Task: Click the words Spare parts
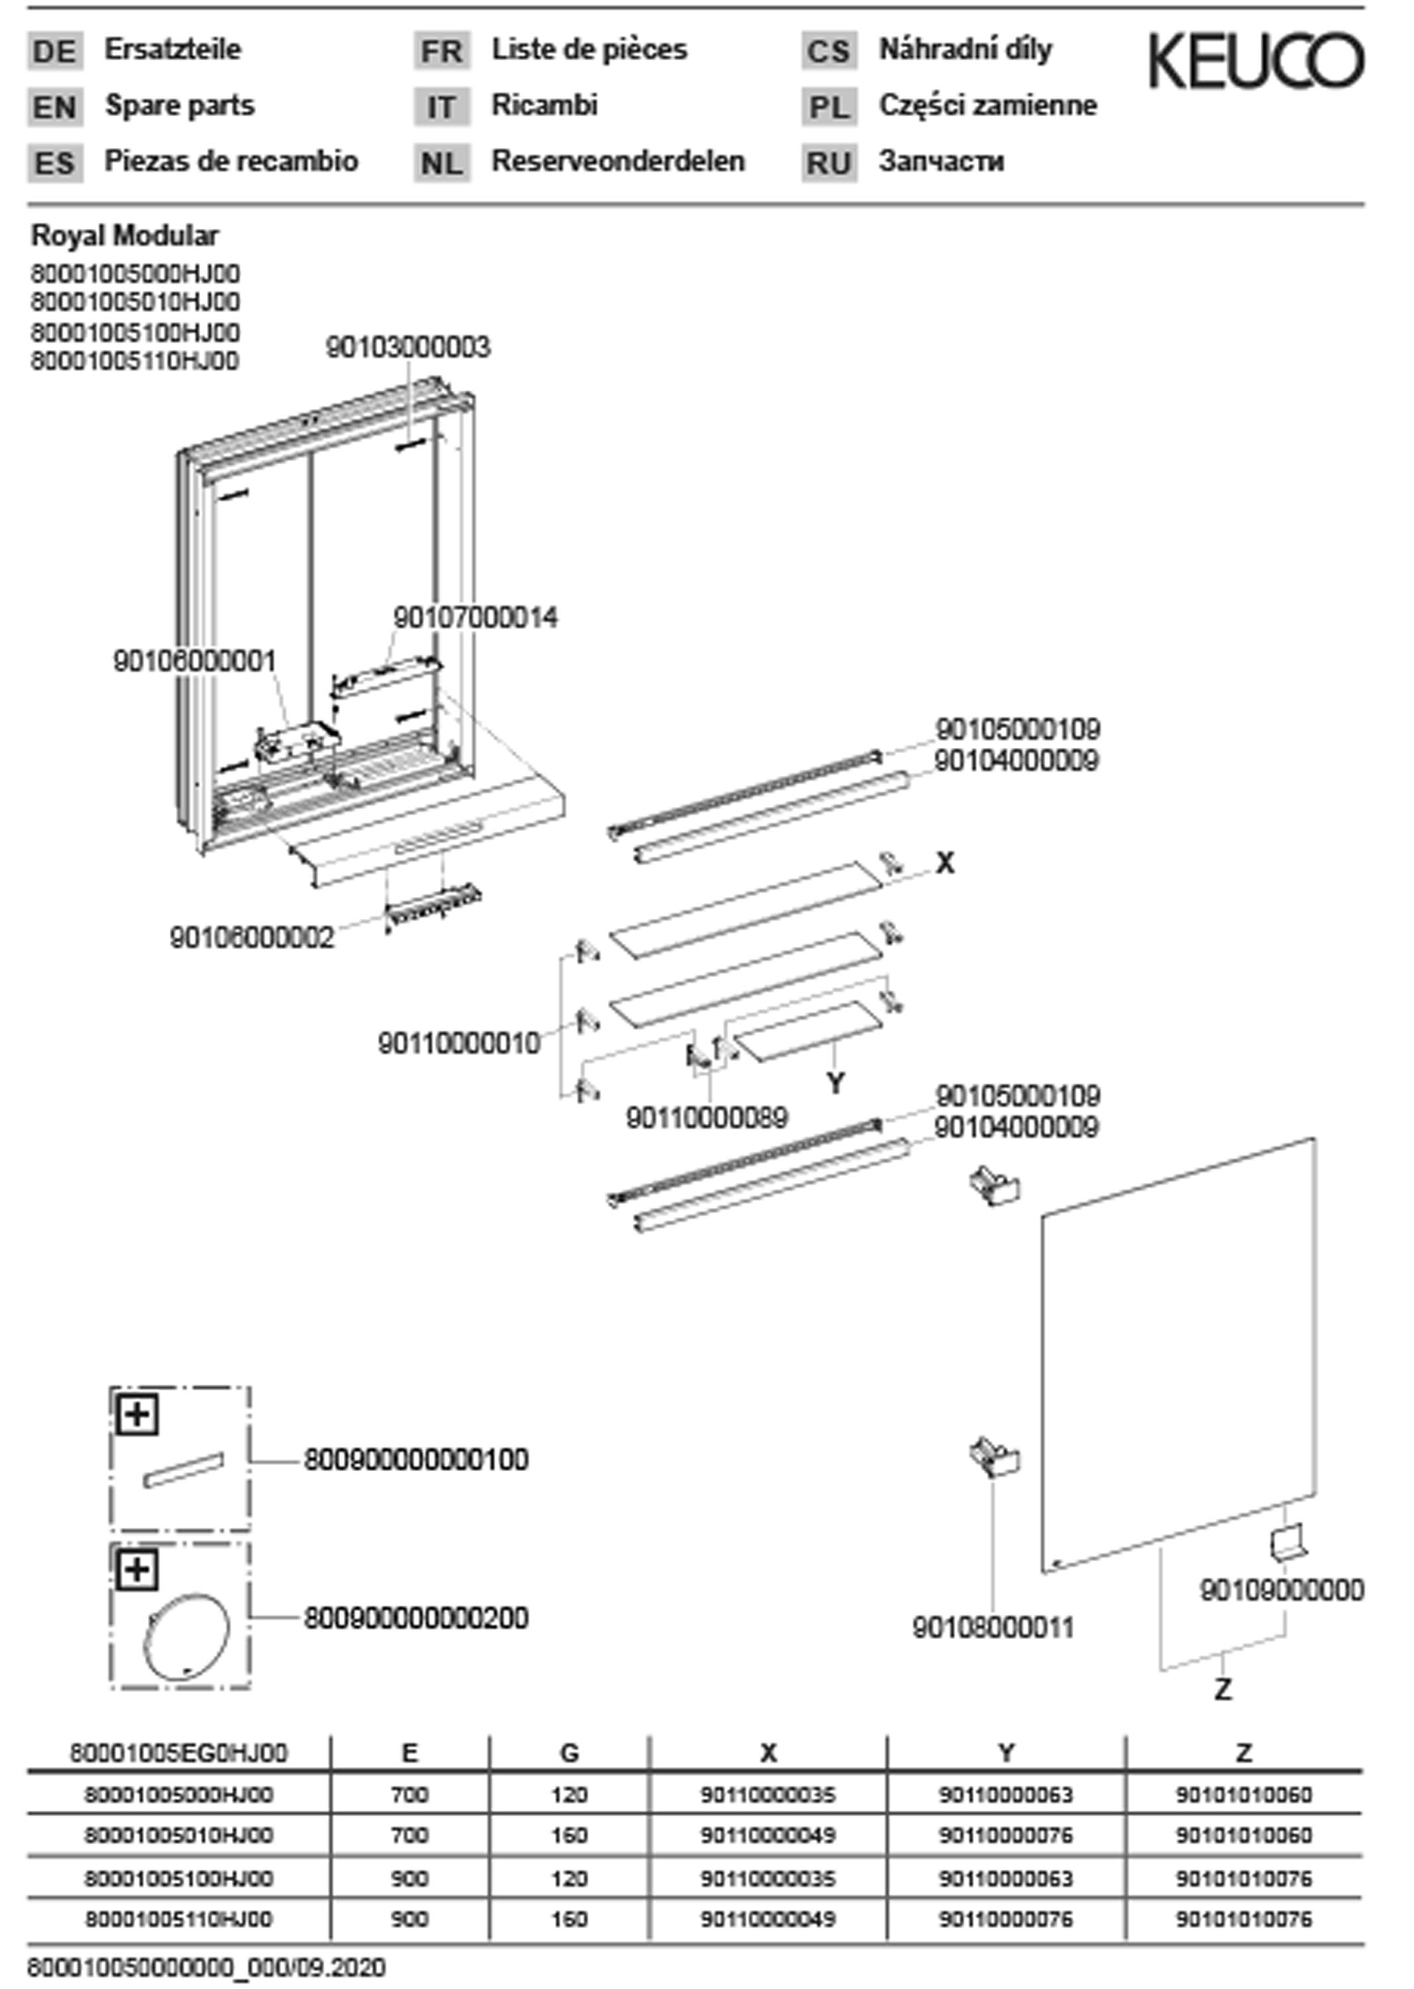[180, 105]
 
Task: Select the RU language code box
[828, 163]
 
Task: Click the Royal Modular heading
[125, 235]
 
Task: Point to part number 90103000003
[408, 347]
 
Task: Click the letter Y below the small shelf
[835, 1083]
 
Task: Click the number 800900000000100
[416, 1459]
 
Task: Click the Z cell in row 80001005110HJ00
[1244, 1919]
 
